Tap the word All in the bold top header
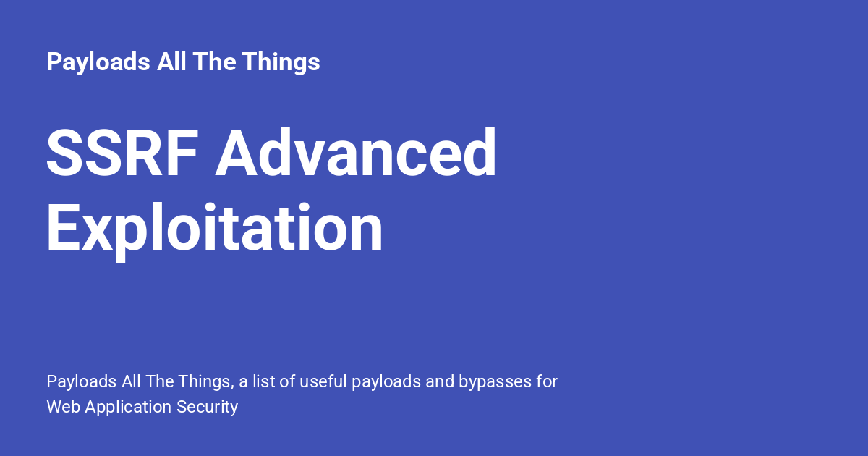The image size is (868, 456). pyautogui.click(x=174, y=62)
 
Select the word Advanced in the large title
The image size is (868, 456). pyautogui.click(x=356, y=153)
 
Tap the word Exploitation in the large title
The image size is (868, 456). pyautogui.click(x=214, y=229)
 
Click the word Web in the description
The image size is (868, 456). pyautogui.click(x=64, y=407)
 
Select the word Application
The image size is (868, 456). pyautogui.click(x=129, y=407)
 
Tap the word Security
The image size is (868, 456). pyautogui.click(x=207, y=407)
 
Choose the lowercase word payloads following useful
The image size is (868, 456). pyautogui.click(x=386, y=381)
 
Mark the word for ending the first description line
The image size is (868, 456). pyautogui.click(x=546, y=381)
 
